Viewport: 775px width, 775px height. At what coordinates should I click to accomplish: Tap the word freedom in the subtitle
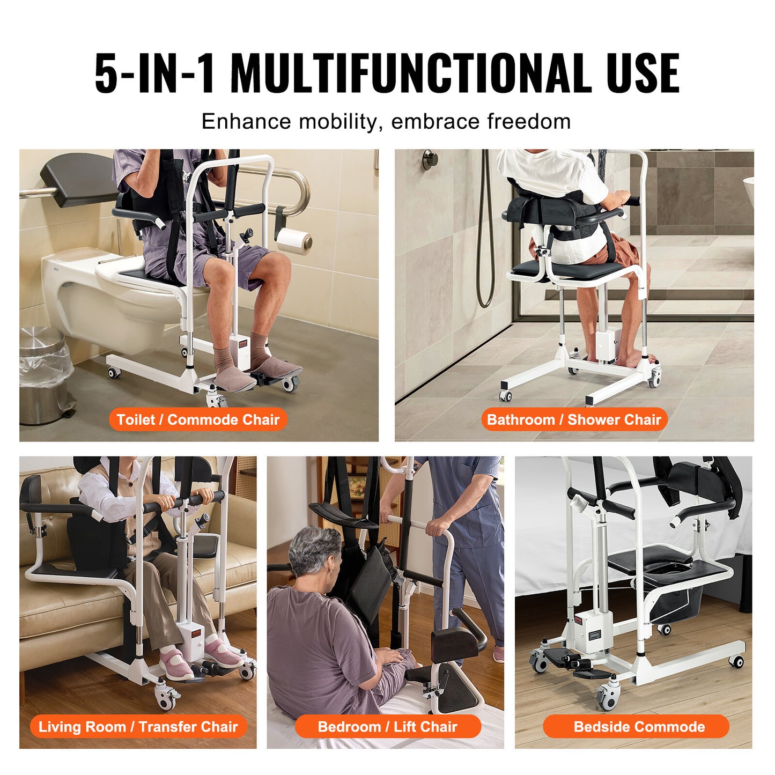(x=529, y=122)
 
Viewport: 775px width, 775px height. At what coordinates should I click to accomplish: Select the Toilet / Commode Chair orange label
(x=198, y=419)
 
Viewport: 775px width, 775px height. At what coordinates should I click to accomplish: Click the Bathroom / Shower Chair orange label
(x=574, y=419)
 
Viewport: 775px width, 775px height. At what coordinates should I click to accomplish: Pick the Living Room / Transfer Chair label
(x=138, y=727)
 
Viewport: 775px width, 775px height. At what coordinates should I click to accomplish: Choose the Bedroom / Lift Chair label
(x=387, y=727)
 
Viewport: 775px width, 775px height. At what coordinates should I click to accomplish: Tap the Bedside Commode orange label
(x=639, y=727)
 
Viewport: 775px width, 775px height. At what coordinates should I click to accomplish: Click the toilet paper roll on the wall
(x=295, y=243)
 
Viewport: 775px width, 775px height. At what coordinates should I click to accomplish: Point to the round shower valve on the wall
(x=429, y=159)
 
